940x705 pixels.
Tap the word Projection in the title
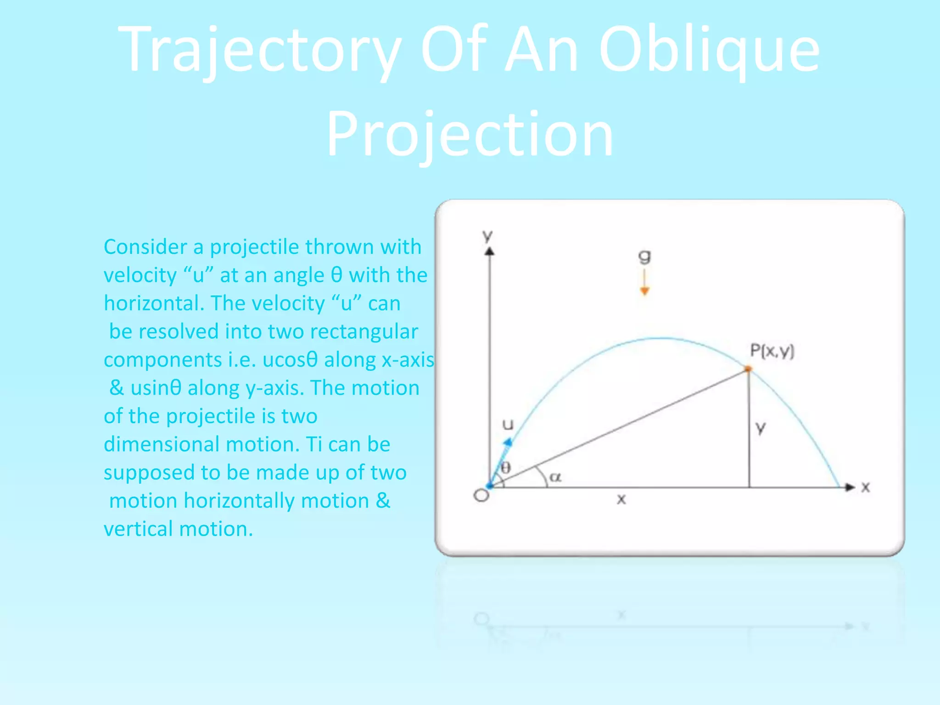click(470, 134)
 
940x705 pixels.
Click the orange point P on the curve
click(748, 369)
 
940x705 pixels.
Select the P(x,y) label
click(772, 351)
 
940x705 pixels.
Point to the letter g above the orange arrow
click(644, 257)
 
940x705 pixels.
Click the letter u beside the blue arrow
click(508, 425)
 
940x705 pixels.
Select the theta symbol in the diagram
click(505, 468)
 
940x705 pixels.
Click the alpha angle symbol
click(555, 477)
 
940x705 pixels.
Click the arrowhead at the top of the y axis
click(490, 251)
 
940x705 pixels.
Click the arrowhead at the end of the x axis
click(850, 487)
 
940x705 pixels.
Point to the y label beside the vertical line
click(761, 428)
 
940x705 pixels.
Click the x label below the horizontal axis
click(621, 499)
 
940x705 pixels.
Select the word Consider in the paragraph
click(145, 247)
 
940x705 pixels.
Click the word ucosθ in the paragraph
click(290, 360)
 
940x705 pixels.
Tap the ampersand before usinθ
click(117, 388)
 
